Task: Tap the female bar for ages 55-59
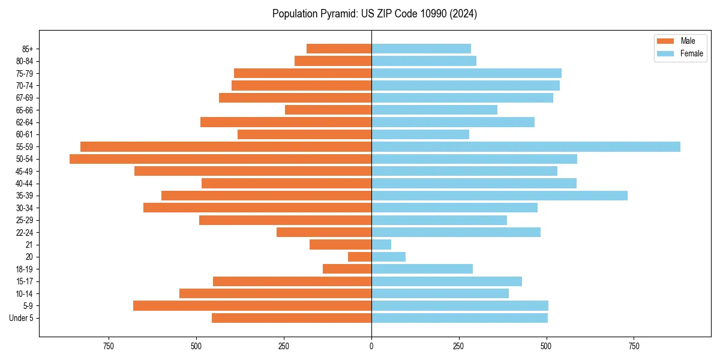pyautogui.click(x=526, y=147)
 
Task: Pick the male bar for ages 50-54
pyautogui.click(x=220, y=159)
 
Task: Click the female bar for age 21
pyautogui.click(x=382, y=245)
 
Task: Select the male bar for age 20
pyautogui.click(x=360, y=257)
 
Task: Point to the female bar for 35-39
pyautogui.click(x=499, y=196)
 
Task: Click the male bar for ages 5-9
pyautogui.click(x=252, y=306)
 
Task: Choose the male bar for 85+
pyautogui.click(x=339, y=49)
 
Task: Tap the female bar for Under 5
pyautogui.click(x=460, y=318)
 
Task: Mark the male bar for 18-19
pyautogui.click(x=347, y=269)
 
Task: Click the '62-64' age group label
pyautogui.click(x=24, y=122)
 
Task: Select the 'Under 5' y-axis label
pyautogui.click(x=21, y=318)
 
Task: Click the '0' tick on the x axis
pyautogui.click(x=371, y=346)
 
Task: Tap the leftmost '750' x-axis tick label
pyautogui.click(x=109, y=346)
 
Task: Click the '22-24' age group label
pyautogui.click(x=24, y=232)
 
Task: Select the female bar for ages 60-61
pyautogui.click(x=420, y=134)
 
